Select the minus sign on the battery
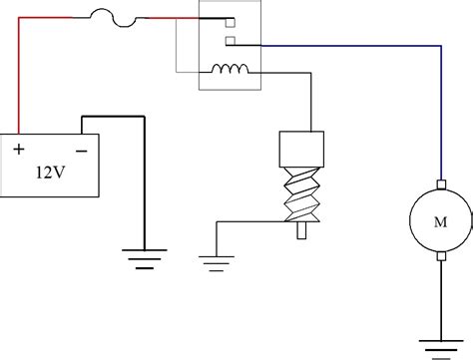[80, 150]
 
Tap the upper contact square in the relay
[230, 22]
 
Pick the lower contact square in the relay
[230, 41]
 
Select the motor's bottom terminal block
[440, 256]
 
